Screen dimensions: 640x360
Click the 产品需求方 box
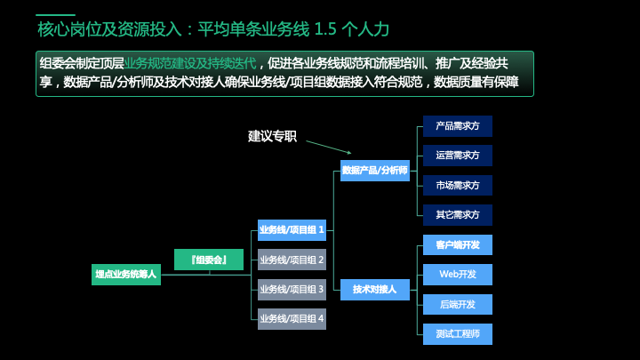tap(458, 126)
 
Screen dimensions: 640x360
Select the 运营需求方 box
tap(458, 156)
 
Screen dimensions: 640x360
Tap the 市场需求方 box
tap(458, 185)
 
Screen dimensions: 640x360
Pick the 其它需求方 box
tap(458, 215)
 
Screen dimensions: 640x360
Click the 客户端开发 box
tap(458, 245)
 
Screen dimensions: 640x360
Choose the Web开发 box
tap(458, 275)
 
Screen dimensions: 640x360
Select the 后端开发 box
tap(458, 305)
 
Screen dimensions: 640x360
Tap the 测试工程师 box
tap(458, 334)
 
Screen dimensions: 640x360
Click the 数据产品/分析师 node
tap(375, 171)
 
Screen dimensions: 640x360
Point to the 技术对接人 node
tap(375, 290)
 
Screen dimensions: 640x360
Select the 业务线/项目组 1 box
tap(292, 230)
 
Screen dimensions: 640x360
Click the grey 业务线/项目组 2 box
tap(292, 260)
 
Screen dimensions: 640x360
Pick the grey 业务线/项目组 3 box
tap(292, 290)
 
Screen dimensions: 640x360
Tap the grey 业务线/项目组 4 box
tap(292, 319)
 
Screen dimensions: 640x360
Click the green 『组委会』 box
tap(209, 260)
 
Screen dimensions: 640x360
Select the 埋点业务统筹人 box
tap(126, 275)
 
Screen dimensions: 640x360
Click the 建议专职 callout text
tap(272, 136)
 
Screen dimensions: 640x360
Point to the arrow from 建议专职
tap(329, 148)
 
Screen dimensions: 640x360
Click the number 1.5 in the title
tap(325, 29)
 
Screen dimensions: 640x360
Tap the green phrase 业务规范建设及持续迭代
tap(190, 64)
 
